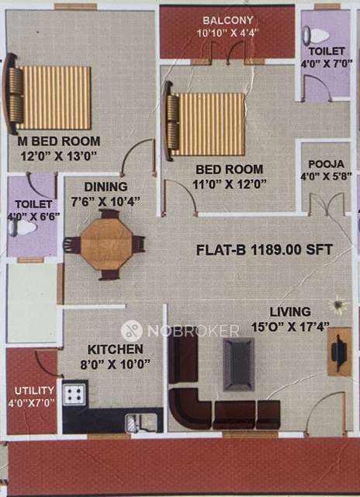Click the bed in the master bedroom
click(51, 97)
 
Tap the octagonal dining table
click(104, 245)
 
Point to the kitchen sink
click(143, 422)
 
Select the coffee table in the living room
click(238, 364)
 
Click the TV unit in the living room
click(340, 352)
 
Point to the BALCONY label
click(229, 19)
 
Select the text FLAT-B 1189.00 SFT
click(263, 249)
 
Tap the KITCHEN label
click(114, 349)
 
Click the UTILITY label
click(30, 390)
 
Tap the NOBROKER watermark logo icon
click(131, 330)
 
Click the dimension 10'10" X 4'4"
click(229, 34)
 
